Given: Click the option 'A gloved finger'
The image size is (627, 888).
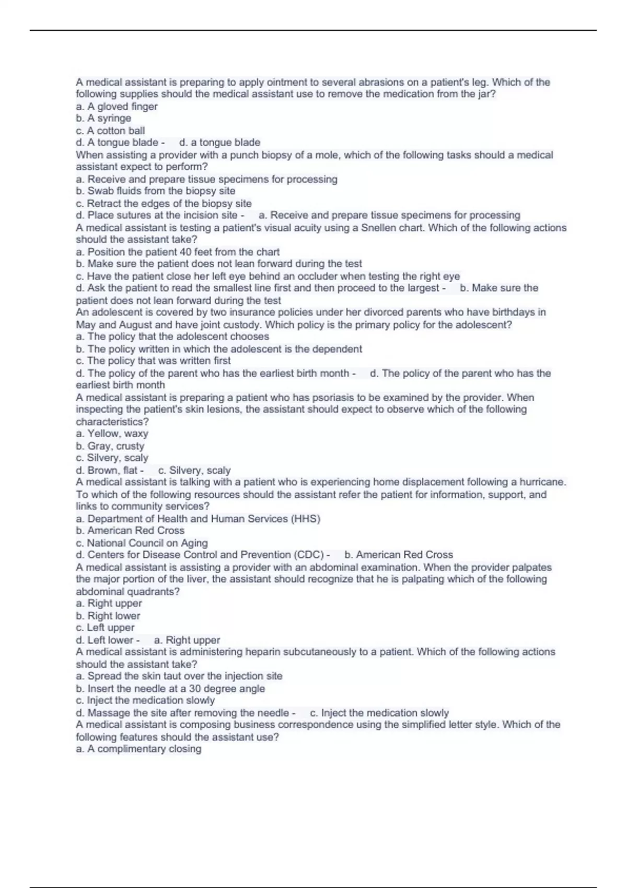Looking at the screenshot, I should click(117, 107).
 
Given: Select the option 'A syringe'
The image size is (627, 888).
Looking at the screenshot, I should click(103, 119).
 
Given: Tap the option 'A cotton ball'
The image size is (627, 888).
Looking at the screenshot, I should click(110, 131).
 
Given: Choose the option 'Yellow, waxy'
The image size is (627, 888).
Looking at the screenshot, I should click(112, 434).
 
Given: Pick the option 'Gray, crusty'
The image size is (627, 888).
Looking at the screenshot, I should click(110, 446).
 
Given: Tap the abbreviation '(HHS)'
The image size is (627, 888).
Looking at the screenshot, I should click(306, 519).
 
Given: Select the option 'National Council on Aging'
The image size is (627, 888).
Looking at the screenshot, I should click(142, 543).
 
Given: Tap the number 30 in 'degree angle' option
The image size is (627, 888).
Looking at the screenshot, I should click(195, 688).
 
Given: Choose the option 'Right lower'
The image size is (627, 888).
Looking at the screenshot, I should click(108, 616).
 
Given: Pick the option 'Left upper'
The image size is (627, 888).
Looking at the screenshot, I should click(105, 628).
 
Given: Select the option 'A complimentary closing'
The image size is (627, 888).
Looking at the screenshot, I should click(138, 749).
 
